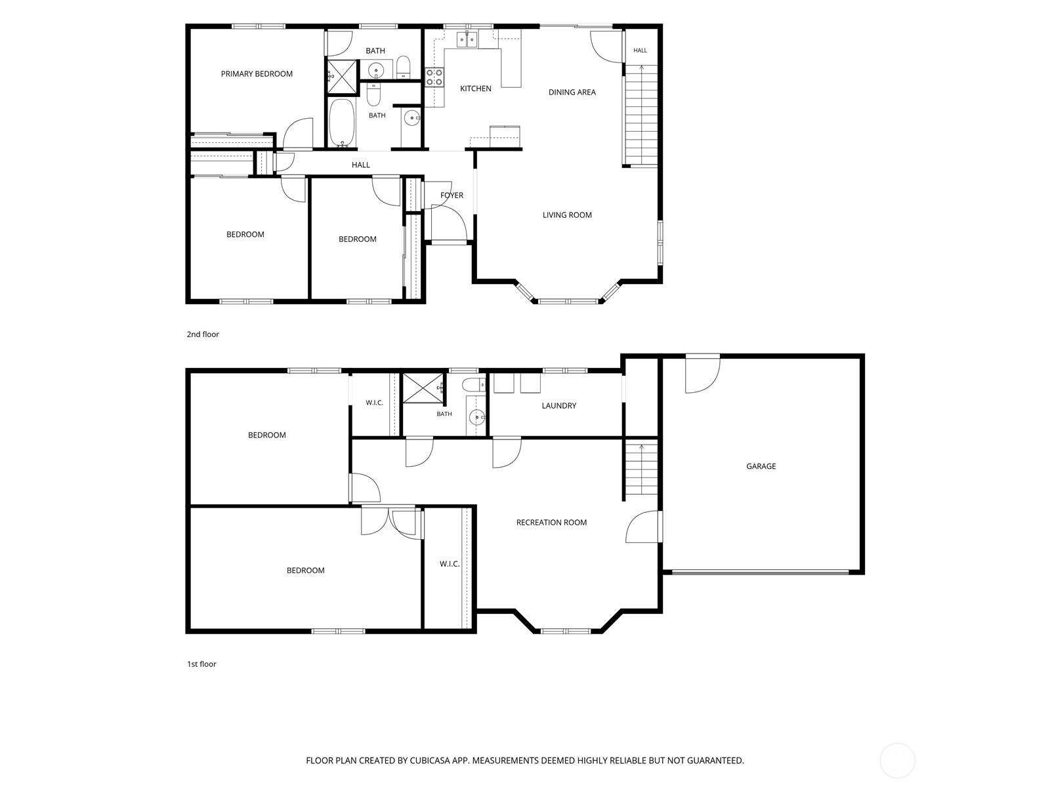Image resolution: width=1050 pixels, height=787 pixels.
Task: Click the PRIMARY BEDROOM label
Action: (257, 73)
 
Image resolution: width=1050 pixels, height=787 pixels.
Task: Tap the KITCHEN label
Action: (476, 89)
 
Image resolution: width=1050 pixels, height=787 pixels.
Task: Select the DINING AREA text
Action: (572, 92)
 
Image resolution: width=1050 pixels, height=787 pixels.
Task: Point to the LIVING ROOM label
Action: (567, 215)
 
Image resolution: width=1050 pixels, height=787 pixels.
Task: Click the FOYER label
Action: (451, 195)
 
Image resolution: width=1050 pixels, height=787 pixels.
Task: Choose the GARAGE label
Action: (761, 466)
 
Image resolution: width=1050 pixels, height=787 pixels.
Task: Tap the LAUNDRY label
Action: (558, 406)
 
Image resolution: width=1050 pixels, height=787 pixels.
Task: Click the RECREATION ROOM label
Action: (551, 522)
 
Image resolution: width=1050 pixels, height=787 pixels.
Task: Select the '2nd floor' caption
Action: (203, 334)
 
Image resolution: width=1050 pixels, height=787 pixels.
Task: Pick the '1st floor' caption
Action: (201, 664)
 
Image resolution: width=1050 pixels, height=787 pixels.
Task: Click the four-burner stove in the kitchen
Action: (434, 77)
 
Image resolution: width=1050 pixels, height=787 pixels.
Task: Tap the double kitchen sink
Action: (467, 40)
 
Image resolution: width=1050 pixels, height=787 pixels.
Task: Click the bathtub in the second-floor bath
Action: (341, 123)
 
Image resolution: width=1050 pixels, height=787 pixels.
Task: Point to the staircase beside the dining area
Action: (641, 115)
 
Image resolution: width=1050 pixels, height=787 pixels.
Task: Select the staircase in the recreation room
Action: (641, 470)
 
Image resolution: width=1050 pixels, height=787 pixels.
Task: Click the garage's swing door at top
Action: (702, 373)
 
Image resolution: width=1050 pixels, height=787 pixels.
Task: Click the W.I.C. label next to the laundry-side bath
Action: (374, 403)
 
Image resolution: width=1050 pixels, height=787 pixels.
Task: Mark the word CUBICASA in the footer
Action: (430, 760)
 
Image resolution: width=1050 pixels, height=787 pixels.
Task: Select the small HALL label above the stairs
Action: (640, 50)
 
